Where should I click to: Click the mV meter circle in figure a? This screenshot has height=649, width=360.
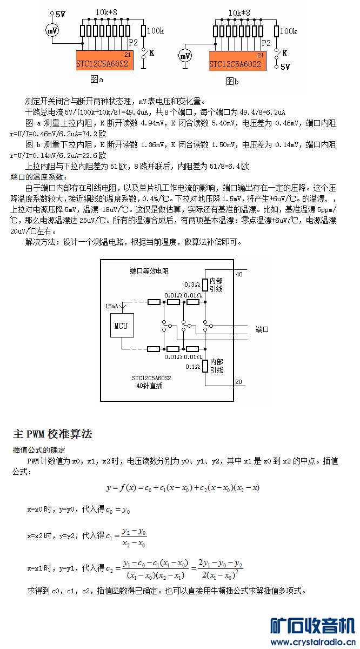[x=53, y=30]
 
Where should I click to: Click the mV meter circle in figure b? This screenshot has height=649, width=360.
[x=185, y=55]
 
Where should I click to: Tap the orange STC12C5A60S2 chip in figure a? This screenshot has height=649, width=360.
[x=104, y=61]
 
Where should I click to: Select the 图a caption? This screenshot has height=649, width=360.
[x=97, y=80]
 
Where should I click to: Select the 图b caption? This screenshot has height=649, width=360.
[x=232, y=82]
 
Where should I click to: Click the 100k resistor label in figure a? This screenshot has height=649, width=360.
[x=156, y=31]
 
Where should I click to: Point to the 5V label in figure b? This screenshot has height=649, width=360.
[x=285, y=67]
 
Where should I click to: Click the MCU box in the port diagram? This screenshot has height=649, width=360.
[x=122, y=326]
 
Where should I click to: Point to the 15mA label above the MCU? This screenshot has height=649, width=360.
[x=113, y=306]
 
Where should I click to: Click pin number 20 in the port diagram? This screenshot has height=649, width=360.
[x=239, y=382]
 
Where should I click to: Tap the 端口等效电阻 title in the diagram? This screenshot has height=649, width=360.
[x=149, y=271]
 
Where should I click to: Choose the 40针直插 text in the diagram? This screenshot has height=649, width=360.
[x=150, y=386]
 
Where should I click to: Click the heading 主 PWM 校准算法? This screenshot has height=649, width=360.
[x=52, y=434]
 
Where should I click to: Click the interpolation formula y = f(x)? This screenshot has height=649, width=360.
[x=183, y=488]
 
